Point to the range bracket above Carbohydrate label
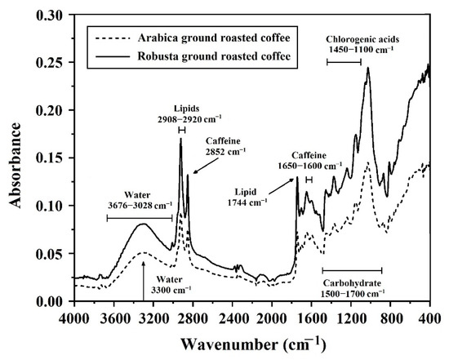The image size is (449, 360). coord(352,269)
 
